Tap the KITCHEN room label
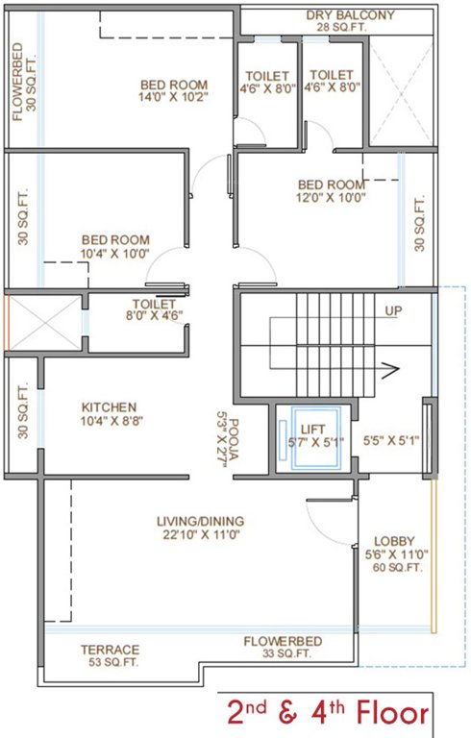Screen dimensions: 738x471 (109, 406)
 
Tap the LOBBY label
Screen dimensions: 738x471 (388, 541)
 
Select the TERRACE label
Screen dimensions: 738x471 (109, 650)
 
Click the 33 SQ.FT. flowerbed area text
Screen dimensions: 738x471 (282, 654)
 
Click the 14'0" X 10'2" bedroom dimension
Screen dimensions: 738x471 (173, 98)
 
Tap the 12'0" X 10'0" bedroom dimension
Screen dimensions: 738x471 (331, 198)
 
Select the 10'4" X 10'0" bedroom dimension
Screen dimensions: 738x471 (114, 253)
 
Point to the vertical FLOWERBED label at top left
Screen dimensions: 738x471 (18, 83)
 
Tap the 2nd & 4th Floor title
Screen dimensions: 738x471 (327, 713)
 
